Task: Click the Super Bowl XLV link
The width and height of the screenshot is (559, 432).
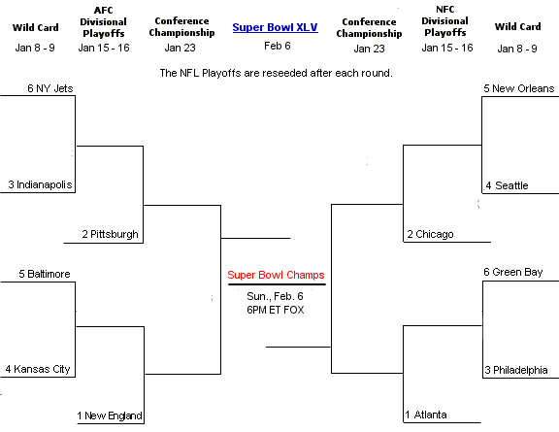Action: click(x=275, y=27)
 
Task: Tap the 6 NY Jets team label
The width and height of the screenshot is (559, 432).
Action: click(x=50, y=88)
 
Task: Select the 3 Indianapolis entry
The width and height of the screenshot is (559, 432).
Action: click(x=41, y=184)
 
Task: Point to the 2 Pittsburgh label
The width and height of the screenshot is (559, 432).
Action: click(x=111, y=234)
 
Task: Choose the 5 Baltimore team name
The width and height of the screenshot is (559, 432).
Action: click(x=45, y=274)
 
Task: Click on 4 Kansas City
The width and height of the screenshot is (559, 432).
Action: click(x=38, y=369)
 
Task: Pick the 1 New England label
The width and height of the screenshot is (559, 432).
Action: click(x=110, y=415)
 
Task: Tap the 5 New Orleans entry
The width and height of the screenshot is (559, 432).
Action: click(x=518, y=88)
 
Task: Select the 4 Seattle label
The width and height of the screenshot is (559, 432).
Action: click(x=507, y=185)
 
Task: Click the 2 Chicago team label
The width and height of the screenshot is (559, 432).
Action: click(x=430, y=234)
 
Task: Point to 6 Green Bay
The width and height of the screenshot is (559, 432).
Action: click(x=513, y=272)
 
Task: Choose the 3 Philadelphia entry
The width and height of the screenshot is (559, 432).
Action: click(x=516, y=370)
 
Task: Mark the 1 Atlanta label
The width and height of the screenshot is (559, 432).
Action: click(x=426, y=415)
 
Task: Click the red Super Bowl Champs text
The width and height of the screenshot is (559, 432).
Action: click(x=276, y=275)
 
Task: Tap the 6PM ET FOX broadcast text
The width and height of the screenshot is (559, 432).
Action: click(x=276, y=310)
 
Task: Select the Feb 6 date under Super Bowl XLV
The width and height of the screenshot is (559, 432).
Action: click(x=278, y=46)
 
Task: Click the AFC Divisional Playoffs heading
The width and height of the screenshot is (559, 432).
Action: click(x=103, y=21)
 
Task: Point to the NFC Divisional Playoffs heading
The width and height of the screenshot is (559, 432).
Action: click(x=444, y=21)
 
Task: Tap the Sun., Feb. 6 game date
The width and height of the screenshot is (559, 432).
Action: click(x=275, y=296)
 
